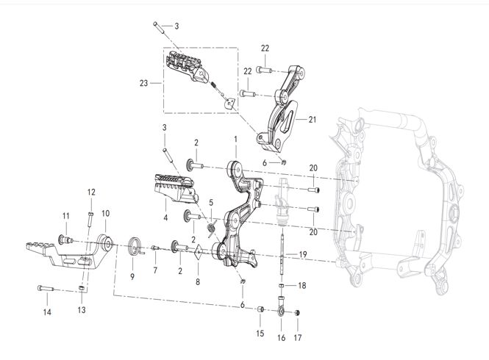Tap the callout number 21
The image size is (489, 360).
[312, 120]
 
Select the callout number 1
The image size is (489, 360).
[235, 139]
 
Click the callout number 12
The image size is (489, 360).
[92, 192]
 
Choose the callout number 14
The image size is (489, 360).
[47, 311]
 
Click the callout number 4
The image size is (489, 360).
[165, 217]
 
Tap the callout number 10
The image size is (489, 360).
[105, 213]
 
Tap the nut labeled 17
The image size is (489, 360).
[297, 313]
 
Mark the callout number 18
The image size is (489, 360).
[301, 285]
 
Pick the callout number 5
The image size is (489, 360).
[210, 202]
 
